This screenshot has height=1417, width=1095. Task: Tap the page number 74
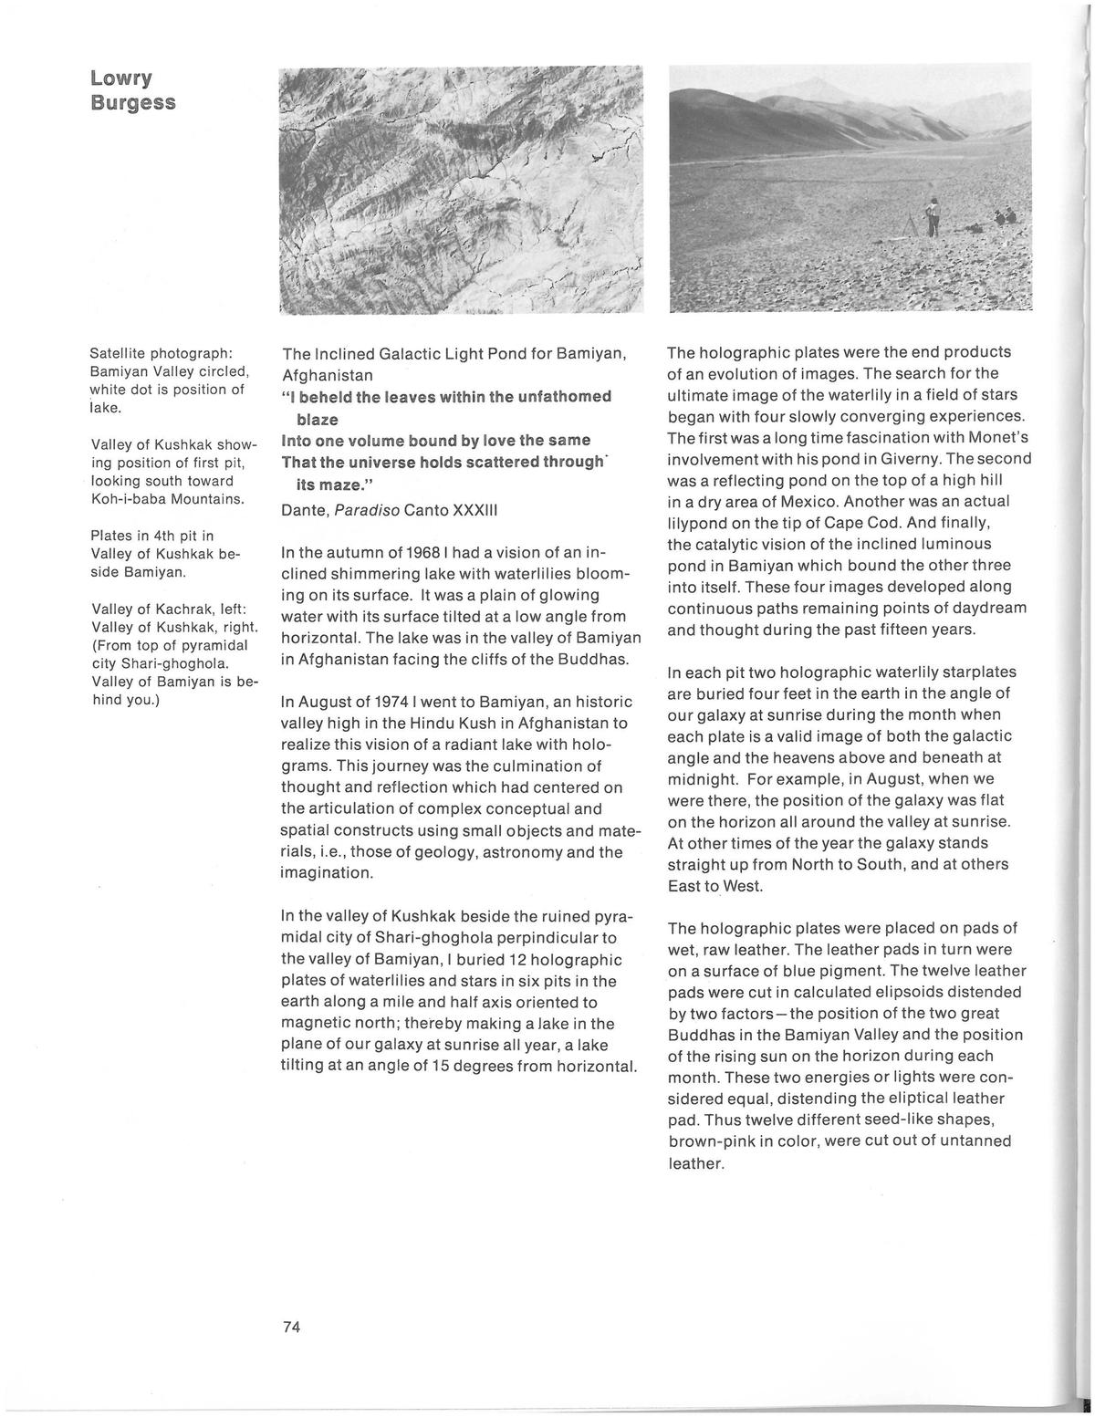click(x=292, y=1327)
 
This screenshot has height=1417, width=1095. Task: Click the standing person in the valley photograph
click(x=932, y=215)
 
